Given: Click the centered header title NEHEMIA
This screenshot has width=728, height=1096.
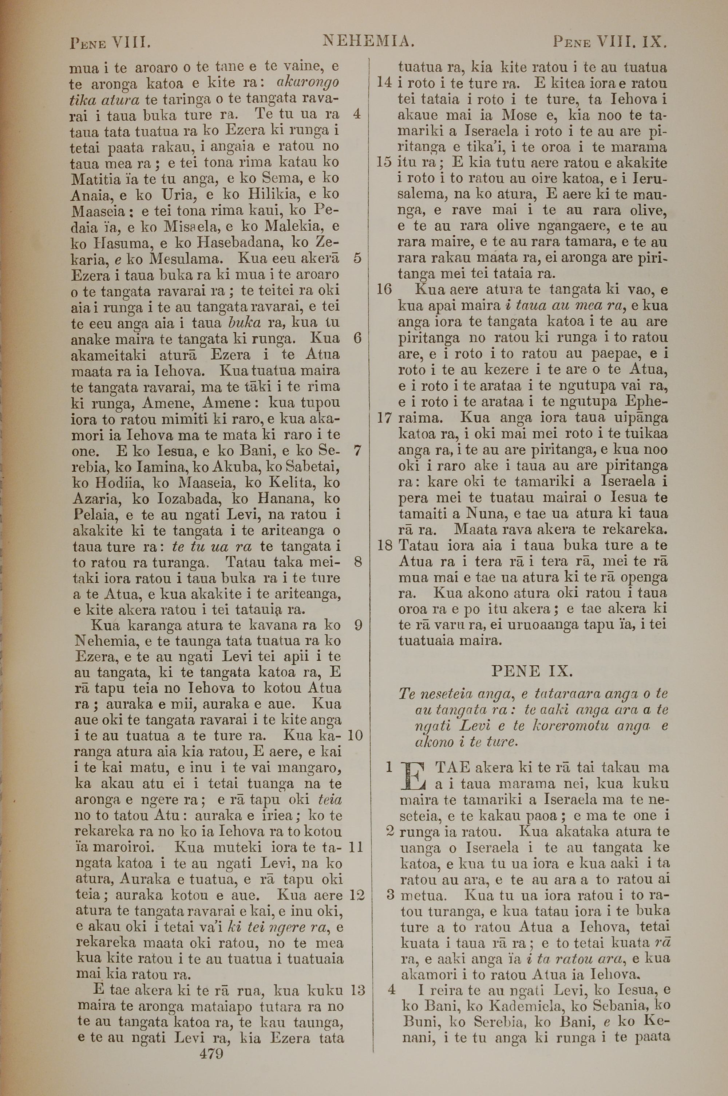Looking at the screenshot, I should coord(368,42).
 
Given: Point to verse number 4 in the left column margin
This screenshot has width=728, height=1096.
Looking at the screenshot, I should coord(357,114).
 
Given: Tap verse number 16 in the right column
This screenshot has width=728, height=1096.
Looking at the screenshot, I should coord(384,290).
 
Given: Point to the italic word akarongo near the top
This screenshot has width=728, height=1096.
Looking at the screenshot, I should coord(307,83).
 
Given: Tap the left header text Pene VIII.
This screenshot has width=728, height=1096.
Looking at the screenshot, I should coord(110,44).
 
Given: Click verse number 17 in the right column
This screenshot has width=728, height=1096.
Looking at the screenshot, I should coord(385,418).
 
